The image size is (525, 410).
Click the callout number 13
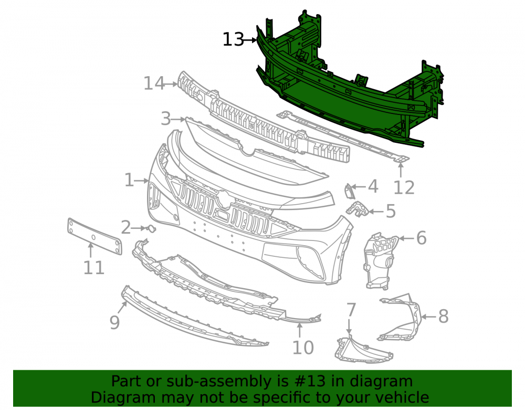click(x=234, y=40)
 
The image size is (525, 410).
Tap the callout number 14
click(x=154, y=83)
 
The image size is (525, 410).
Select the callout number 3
click(x=166, y=119)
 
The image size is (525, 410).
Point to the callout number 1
click(x=129, y=180)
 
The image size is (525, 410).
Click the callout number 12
click(x=404, y=187)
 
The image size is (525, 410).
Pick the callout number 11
click(x=94, y=268)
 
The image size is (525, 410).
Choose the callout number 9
click(x=114, y=322)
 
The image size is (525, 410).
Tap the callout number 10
click(x=303, y=348)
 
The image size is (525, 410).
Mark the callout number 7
click(x=351, y=310)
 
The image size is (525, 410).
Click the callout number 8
click(x=443, y=316)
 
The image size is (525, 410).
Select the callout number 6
click(x=421, y=238)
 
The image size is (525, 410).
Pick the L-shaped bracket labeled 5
click(x=357, y=209)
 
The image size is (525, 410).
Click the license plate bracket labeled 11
click(x=94, y=236)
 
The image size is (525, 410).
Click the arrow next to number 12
click(x=401, y=170)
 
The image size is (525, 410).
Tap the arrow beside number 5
click(x=376, y=212)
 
